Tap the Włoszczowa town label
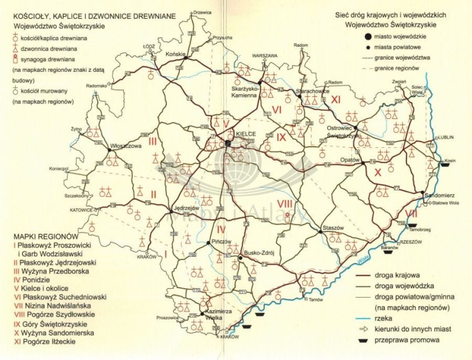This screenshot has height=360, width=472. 125,145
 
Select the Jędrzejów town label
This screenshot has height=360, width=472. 186,208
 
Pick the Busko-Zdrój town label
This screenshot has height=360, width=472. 259,248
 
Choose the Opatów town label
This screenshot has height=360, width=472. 349,160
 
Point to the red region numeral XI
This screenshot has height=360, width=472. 336,99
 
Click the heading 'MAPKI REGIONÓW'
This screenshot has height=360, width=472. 39,229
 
